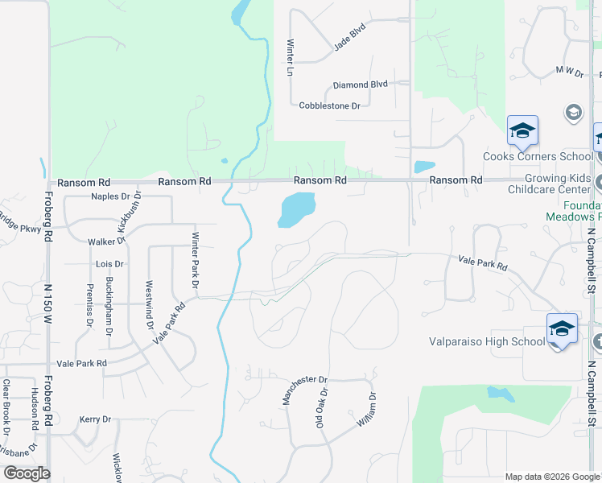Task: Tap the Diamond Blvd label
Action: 361,85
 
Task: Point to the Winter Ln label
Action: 290,57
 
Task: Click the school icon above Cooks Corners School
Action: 522,130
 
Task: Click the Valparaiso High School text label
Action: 486,341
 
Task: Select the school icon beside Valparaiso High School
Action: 562,328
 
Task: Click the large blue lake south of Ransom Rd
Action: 295,209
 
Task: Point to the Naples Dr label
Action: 110,196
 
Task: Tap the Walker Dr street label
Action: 106,240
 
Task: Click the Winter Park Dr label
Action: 195,259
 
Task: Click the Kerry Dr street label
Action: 94,419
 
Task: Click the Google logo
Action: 26,473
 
